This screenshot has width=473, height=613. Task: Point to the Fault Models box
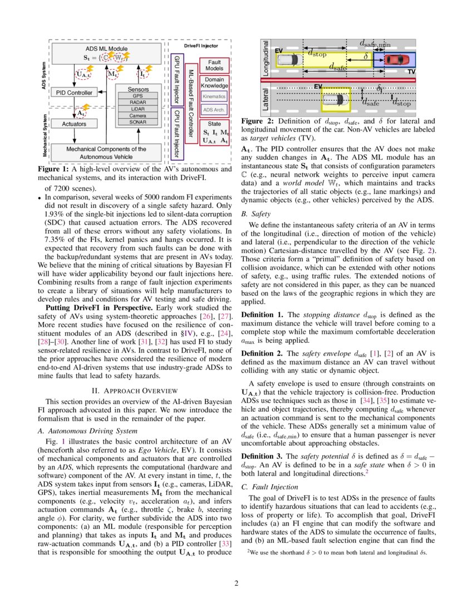pyautogui.click(x=214, y=65)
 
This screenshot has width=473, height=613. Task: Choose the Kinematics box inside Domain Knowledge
pyautogui.click(x=214, y=96)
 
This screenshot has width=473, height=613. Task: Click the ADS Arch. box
pyautogui.click(x=214, y=110)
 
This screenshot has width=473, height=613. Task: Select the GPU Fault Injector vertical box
pyautogui.click(x=176, y=79)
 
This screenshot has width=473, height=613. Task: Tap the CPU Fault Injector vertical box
pyautogui.click(x=176, y=133)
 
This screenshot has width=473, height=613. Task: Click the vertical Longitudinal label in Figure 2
pyautogui.click(x=265, y=59)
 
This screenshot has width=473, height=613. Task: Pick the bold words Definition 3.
pyautogui.click(x=261, y=456)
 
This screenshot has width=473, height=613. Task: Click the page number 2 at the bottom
pyautogui.click(x=236, y=583)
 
